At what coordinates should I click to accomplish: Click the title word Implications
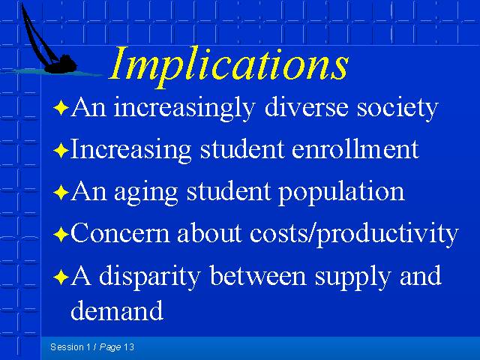(229, 66)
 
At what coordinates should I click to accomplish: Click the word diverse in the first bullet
(306, 107)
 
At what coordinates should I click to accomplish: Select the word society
(397, 109)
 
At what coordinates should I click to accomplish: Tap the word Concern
(120, 233)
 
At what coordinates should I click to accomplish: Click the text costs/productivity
(354, 235)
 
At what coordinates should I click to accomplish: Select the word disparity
(150, 277)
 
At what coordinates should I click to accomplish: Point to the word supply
(352, 277)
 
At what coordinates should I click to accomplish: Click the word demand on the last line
(117, 310)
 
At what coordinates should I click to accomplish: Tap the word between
(258, 275)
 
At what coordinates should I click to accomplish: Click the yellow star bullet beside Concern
(61, 235)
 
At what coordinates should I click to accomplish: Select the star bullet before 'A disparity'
(61, 277)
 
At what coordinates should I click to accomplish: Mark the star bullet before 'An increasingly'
(61, 108)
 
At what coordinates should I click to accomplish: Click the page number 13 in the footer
(129, 346)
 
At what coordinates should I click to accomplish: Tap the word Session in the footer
(67, 346)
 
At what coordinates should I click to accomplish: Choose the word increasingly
(184, 109)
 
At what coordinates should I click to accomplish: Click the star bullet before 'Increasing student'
(61, 150)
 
